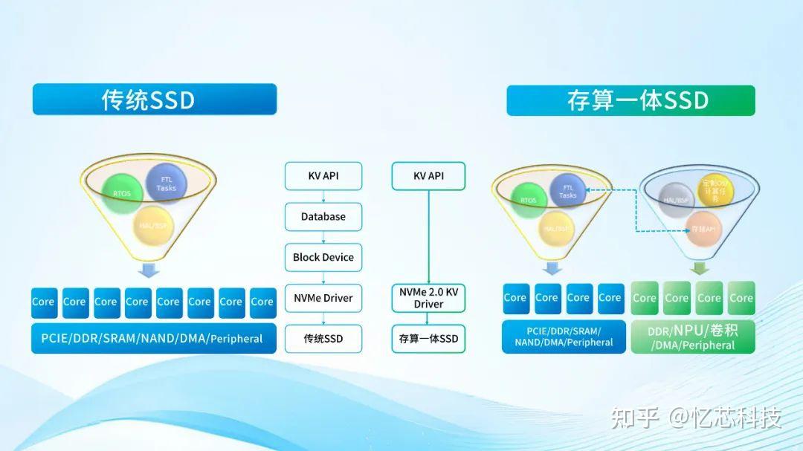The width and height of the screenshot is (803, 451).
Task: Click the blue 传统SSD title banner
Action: pos(154,100)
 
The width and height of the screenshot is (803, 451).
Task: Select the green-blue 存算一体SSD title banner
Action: pos(631,100)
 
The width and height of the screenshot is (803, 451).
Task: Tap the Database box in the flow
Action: pos(323,217)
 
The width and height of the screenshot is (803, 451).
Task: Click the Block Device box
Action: pos(323,257)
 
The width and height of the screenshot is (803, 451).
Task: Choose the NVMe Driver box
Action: pos(323,298)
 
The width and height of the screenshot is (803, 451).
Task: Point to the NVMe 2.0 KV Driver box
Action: pos(428,298)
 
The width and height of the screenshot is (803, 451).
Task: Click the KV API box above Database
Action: pos(323,176)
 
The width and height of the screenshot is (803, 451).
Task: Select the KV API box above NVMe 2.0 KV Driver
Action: pos(428,176)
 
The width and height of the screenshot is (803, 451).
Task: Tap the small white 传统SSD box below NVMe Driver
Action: pos(323,339)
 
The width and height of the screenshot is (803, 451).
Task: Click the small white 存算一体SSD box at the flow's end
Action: pos(428,339)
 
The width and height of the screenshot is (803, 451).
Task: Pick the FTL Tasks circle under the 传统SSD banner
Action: pos(166,183)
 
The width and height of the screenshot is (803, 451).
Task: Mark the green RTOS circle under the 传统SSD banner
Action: pos(123,193)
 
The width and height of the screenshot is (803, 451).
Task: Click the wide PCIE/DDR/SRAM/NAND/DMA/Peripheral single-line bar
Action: pos(154,338)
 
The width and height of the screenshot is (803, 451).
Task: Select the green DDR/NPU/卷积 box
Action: pos(693,337)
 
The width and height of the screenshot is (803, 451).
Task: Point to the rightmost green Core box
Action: pos(741,298)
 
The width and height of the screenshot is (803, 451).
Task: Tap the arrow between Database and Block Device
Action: pos(323,237)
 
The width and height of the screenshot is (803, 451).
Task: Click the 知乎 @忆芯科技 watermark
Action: pos(696,418)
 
